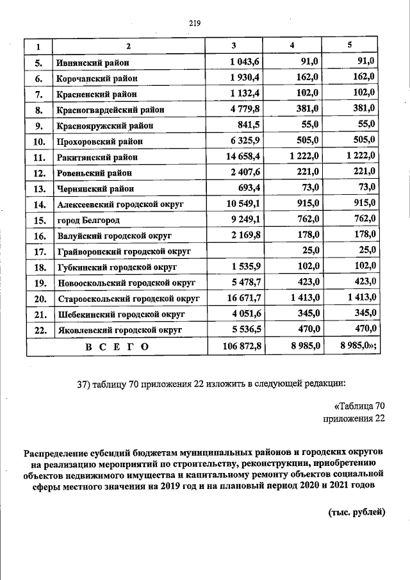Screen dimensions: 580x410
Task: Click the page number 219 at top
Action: [x=195, y=24]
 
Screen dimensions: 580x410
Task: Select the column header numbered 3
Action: [x=234, y=46]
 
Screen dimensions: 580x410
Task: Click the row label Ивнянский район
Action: [x=92, y=63]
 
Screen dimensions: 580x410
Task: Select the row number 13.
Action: [x=38, y=188]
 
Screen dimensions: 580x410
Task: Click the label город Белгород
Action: [x=89, y=219]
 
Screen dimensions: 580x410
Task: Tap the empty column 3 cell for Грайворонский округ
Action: [x=234, y=251]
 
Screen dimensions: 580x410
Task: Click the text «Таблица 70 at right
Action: [x=359, y=406]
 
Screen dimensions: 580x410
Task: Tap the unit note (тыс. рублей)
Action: [x=357, y=511]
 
